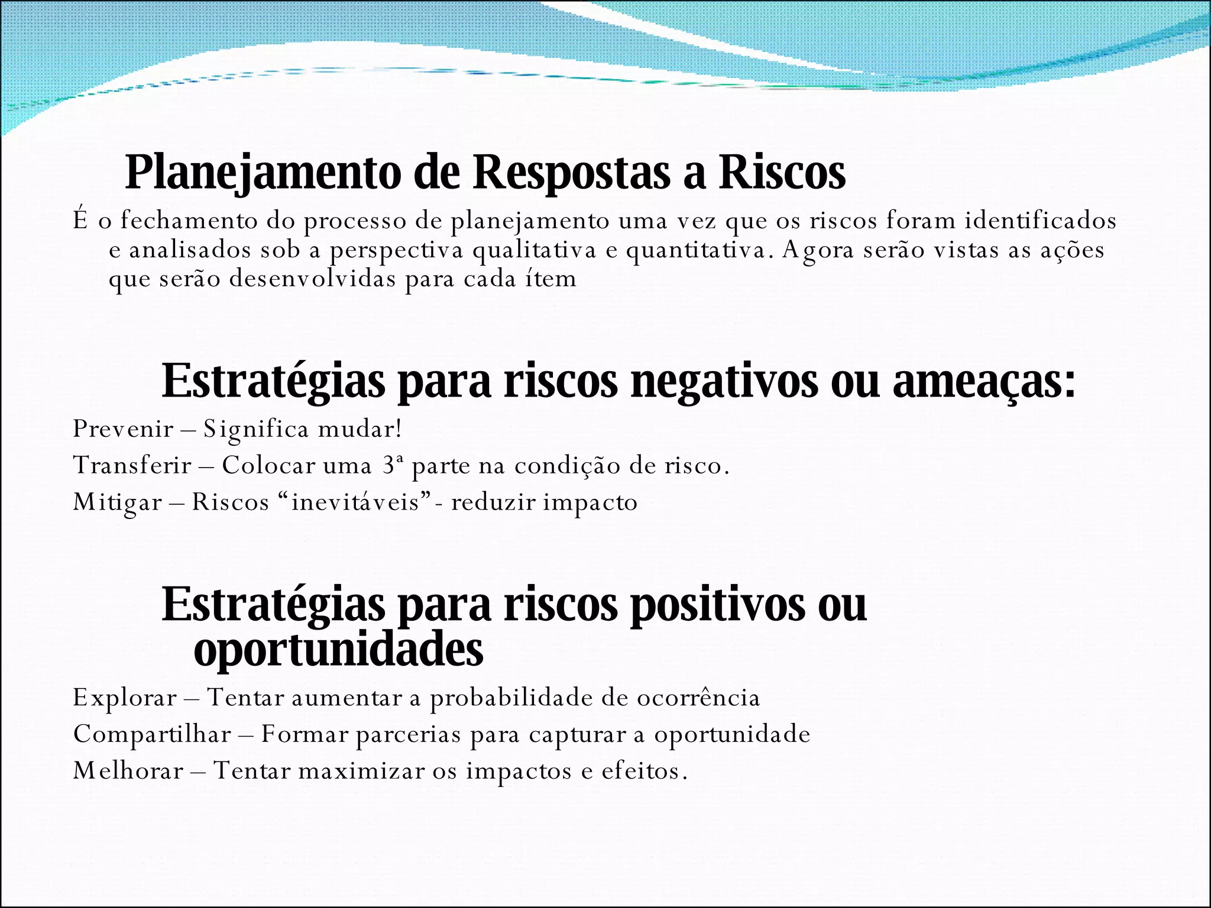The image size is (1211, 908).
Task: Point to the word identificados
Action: tap(1040, 220)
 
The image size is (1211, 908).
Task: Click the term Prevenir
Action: tap(122, 429)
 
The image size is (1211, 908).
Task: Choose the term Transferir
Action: tap(132, 466)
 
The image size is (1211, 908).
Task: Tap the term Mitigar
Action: tap(117, 502)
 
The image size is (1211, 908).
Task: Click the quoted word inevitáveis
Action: tap(355, 502)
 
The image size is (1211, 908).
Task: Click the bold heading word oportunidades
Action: tap(338, 649)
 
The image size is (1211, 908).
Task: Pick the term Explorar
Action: tap(125, 698)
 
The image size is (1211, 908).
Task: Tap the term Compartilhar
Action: tap(152, 735)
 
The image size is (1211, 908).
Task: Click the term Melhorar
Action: tap(128, 771)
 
